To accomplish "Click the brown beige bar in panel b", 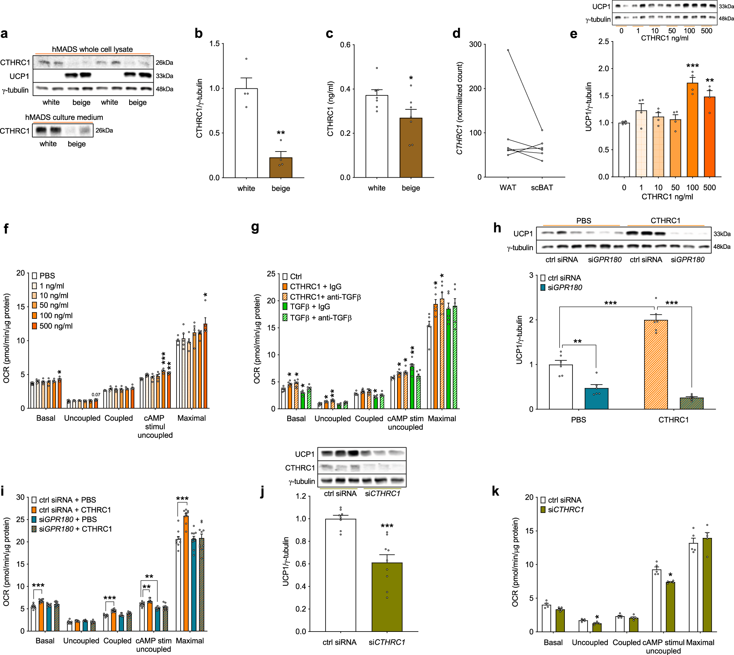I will click(281, 168).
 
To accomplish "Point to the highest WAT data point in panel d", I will click(508, 50).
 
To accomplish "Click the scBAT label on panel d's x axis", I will click(542, 188).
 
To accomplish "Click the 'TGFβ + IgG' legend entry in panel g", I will click(306, 306).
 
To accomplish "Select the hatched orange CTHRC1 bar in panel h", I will click(656, 364).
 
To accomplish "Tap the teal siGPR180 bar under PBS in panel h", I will click(596, 399).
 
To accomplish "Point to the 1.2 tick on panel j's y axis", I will click(301, 496).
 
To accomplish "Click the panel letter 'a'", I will click(4, 34).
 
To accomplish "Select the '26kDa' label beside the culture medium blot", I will click(104, 130).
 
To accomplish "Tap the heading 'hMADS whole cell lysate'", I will click(92, 49).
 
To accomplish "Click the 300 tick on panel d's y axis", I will click(475, 44).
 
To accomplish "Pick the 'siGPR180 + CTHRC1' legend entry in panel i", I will click(72, 529).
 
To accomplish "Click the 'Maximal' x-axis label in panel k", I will click(700, 642).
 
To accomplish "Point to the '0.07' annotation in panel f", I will click(96, 394).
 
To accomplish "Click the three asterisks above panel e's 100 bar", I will click(692, 66).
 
